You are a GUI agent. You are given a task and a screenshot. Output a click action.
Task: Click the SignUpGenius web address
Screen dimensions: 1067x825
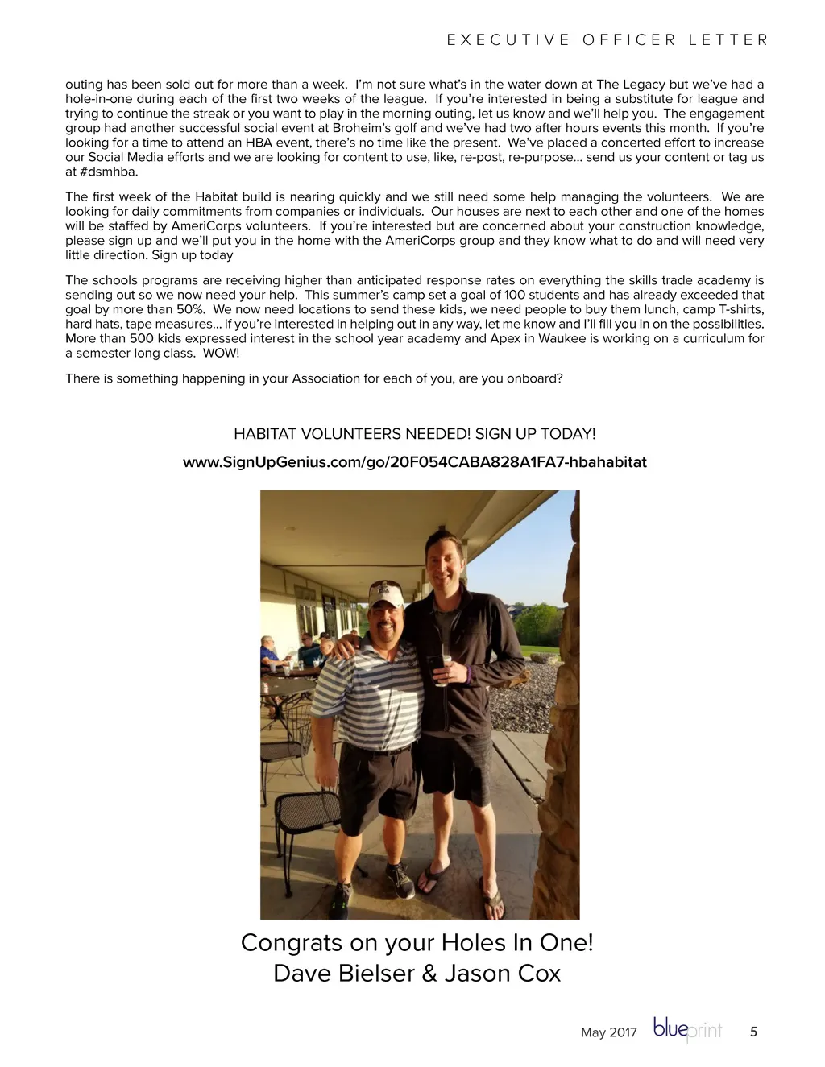(x=414, y=462)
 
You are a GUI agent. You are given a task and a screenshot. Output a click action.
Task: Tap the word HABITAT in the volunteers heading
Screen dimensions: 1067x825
(x=265, y=434)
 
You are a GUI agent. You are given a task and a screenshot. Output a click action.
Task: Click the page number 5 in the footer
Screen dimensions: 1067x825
(x=753, y=1032)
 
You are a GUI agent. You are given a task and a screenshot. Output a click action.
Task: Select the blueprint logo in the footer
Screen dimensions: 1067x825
(x=687, y=1030)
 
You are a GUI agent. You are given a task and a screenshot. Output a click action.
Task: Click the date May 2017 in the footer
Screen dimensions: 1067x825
(x=608, y=1032)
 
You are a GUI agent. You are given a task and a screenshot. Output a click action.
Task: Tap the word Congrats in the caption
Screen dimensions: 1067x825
(x=287, y=942)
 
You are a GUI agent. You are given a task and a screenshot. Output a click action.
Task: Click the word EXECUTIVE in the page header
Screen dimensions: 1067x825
(x=508, y=40)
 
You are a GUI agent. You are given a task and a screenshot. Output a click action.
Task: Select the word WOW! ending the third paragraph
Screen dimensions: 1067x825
(x=221, y=354)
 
